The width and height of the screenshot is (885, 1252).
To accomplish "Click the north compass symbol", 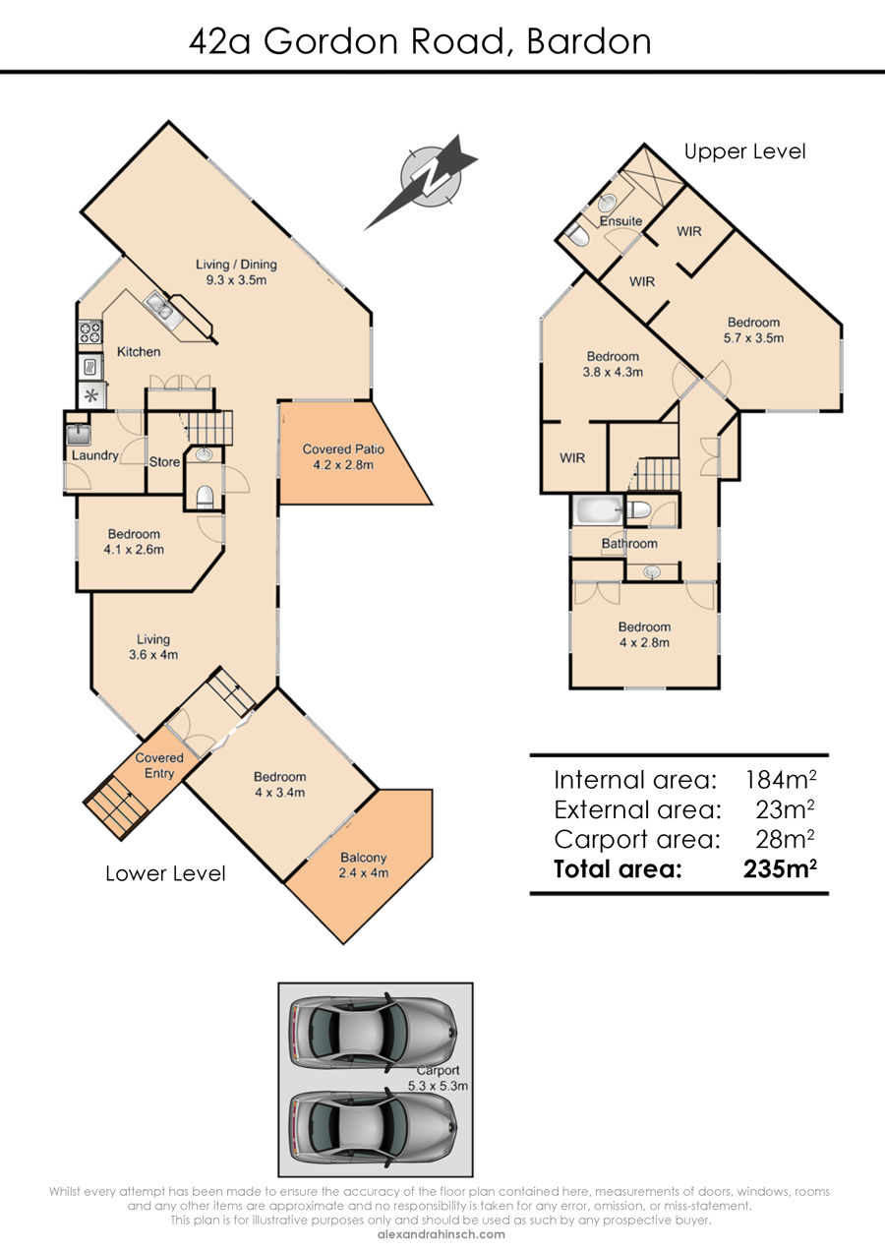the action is click(425, 179).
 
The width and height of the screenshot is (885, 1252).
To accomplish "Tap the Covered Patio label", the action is click(343, 456).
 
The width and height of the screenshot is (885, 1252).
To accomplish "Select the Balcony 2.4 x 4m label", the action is click(363, 864).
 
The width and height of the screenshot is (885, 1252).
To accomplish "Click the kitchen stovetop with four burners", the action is click(89, 332).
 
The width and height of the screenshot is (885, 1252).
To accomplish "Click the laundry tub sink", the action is click(79, 435).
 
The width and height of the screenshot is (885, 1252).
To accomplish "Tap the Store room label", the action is click(164, 461).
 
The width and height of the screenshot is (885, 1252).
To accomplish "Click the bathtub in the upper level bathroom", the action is click(598, 510).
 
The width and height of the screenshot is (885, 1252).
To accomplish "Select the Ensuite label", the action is click(620, 220).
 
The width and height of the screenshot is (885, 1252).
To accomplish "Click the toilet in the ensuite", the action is click(577, 235).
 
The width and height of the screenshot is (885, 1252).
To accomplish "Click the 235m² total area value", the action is click(780, 868).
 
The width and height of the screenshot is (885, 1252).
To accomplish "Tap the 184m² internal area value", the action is click(781, 779).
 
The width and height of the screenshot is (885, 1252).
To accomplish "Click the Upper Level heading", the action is click(744, 151).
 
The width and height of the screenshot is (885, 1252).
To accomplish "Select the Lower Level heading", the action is click(165, 873).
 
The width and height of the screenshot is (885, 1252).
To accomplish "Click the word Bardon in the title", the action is click(589, 41).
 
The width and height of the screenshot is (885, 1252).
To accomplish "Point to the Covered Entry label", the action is click(159, 765).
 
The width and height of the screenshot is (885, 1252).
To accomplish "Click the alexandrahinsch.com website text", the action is click(442, 1234).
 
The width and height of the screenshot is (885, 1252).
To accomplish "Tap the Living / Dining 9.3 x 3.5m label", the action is click(236, 271).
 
